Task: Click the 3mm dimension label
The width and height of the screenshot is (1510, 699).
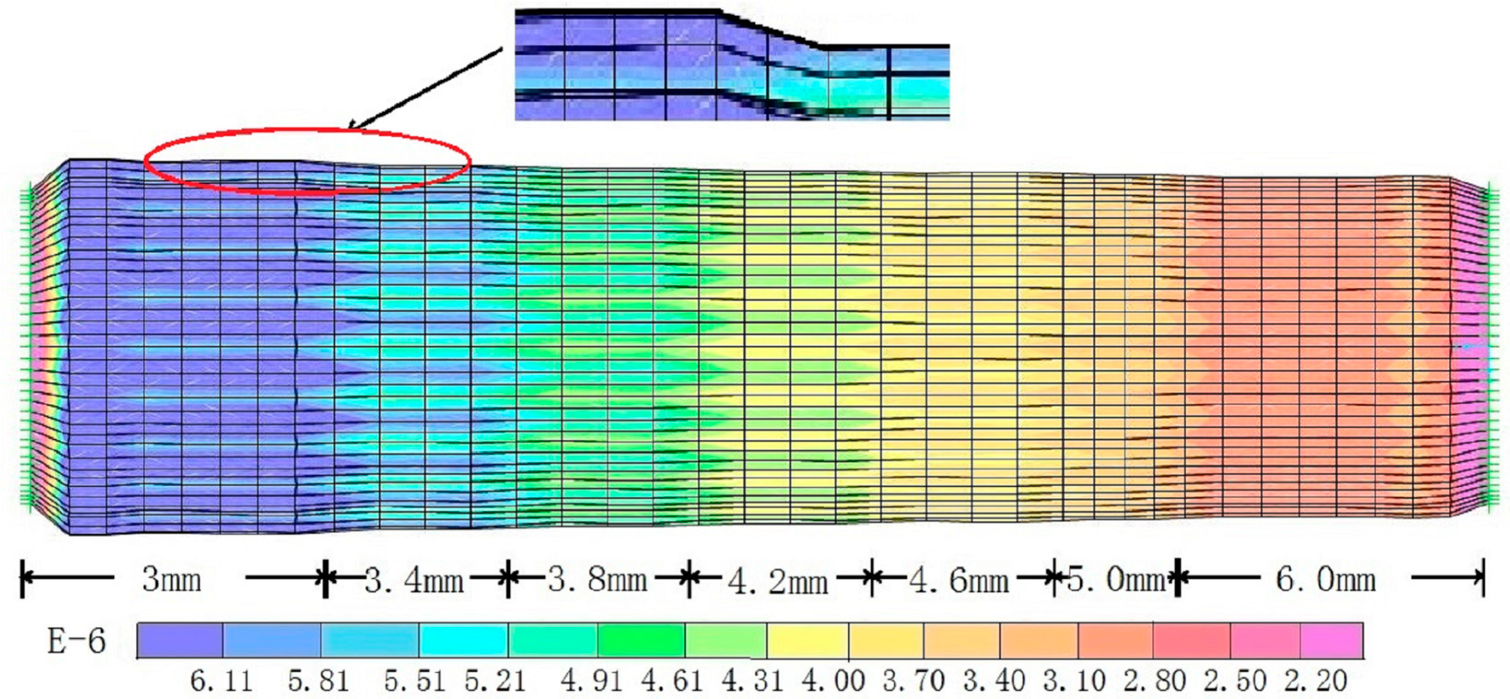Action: pos(171,580)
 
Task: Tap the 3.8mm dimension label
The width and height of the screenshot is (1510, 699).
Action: pos(597,580)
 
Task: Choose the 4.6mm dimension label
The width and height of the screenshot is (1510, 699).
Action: pos(958,581)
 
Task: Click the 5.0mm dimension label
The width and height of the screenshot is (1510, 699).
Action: pos(1115,580)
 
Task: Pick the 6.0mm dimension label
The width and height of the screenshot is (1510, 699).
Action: pos(1325,580)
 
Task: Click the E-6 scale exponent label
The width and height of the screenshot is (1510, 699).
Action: pos(76,641)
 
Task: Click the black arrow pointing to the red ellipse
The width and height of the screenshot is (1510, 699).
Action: pos(425,88)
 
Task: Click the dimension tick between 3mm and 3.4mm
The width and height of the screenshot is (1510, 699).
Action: pos(325,579)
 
